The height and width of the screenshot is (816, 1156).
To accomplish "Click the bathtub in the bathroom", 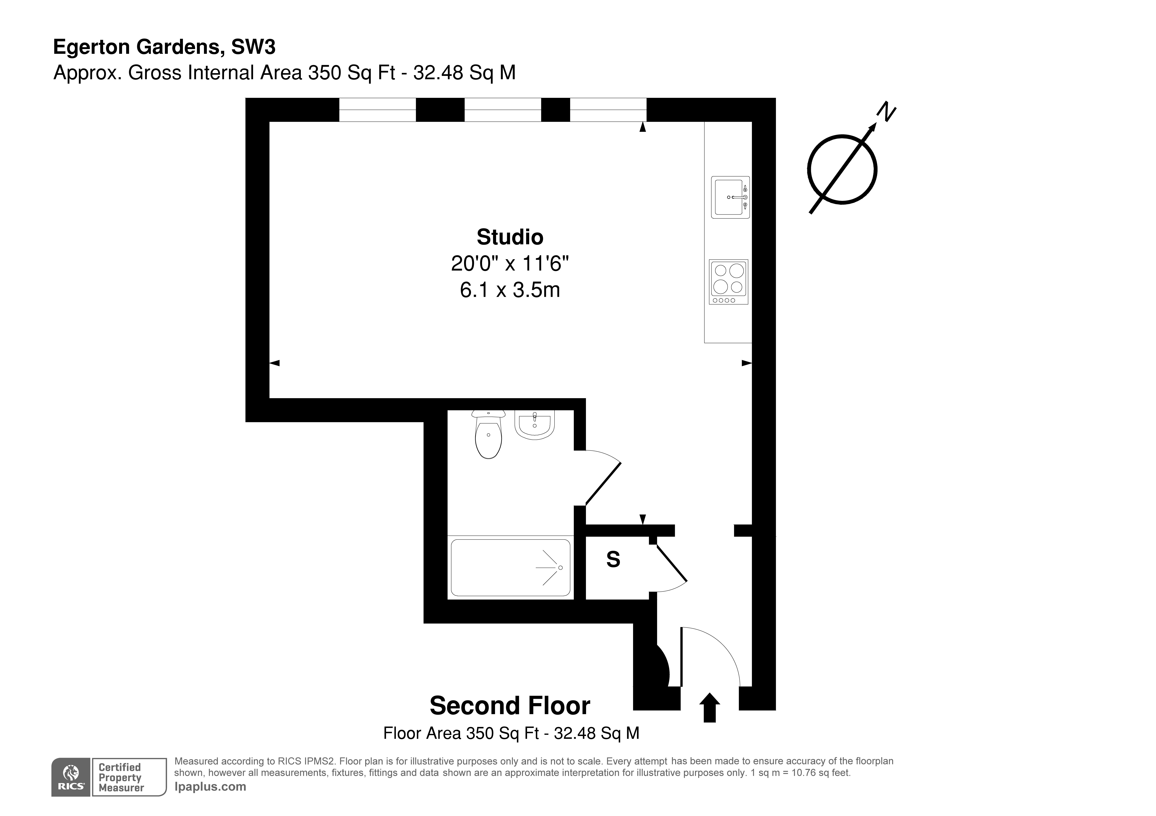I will coord(510,567).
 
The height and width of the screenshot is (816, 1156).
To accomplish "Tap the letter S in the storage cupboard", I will coord(613,559).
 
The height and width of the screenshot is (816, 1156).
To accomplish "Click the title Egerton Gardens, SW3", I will coord(164,47).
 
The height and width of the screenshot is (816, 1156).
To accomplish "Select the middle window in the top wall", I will coord(502,110).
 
